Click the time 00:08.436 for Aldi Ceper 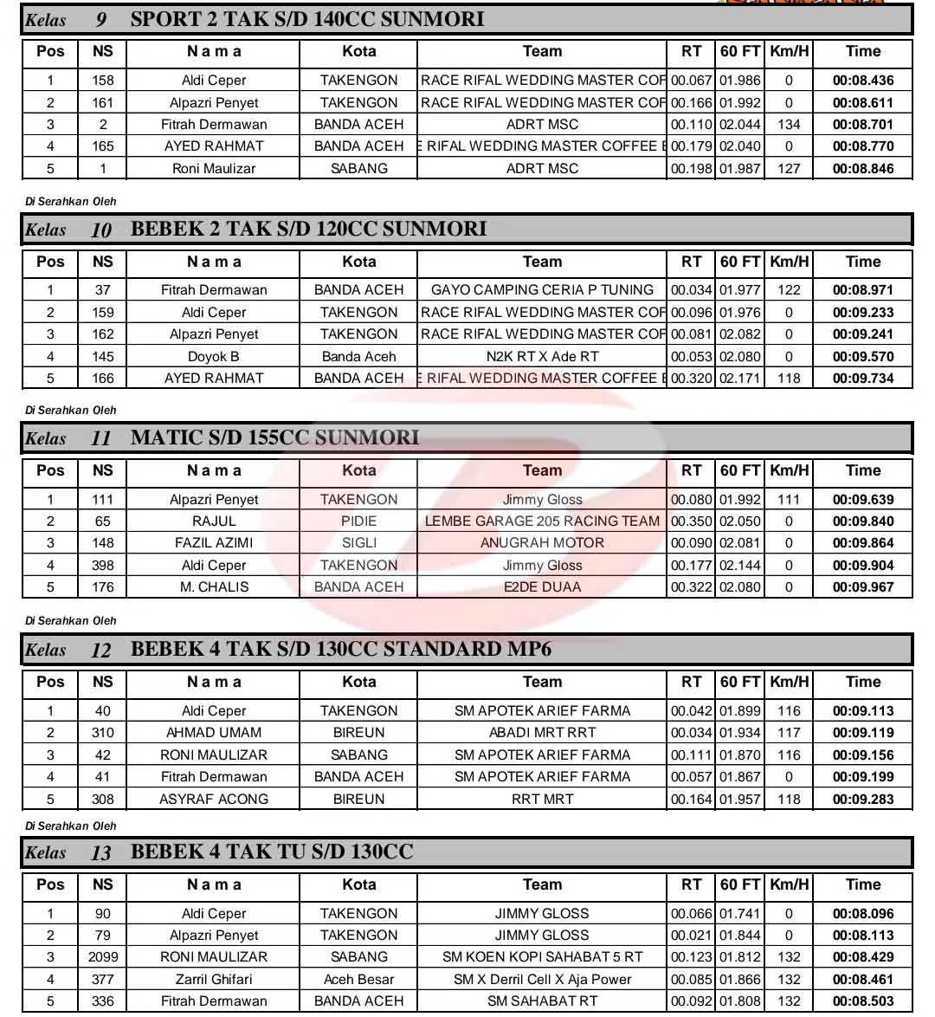862,81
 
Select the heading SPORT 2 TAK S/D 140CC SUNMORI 307,19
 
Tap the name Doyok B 214,356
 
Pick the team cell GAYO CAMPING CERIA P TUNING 542,290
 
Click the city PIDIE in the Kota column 358,521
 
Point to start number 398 102,566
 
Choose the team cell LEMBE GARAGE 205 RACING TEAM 542,521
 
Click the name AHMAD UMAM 214,733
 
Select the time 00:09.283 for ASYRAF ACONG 862,800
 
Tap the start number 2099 102,957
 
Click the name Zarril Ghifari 214,980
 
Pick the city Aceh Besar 358,980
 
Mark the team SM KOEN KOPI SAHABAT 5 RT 542,957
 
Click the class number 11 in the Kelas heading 100,438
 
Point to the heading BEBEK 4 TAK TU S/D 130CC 272,852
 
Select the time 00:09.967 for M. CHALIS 862,587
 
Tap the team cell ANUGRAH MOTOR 542,543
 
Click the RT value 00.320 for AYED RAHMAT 691,379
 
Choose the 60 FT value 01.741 739,914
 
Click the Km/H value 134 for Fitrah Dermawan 789,125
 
